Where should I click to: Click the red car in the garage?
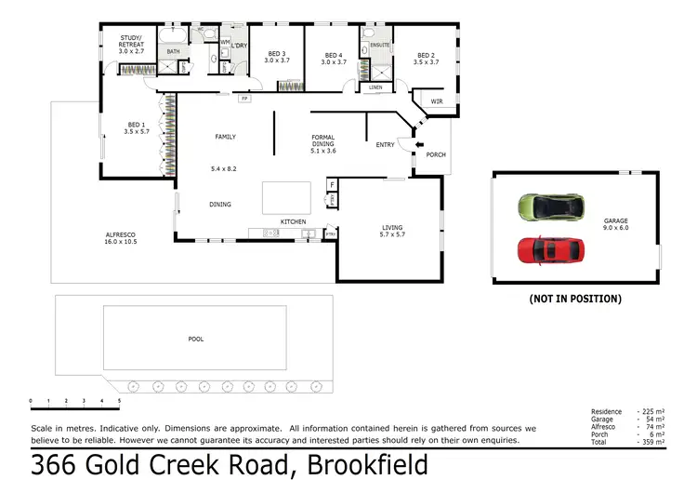(550, 249)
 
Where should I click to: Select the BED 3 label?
(277, 57)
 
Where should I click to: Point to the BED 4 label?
(333, 57)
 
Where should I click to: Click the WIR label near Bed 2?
(437, 101)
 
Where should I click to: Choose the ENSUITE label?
(379, 45)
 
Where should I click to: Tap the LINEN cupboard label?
(375, 87)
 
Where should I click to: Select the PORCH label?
(435, 154)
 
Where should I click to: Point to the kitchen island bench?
(286, 197)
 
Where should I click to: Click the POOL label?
(195, 340)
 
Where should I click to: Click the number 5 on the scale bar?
(119, 401)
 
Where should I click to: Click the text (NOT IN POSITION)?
(575, 299)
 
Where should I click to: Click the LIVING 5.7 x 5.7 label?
(392, 231)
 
